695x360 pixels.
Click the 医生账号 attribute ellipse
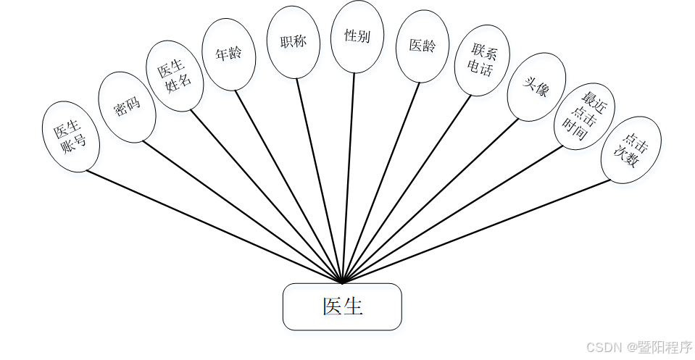point(71,136)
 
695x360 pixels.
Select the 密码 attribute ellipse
point(127,106)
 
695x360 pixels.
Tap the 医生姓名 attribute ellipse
point(175,75)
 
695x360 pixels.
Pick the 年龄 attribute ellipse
point(228,54)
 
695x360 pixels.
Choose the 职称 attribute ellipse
point(292,41)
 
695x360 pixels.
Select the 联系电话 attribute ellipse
point(481,61)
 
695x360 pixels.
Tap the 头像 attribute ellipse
point(536,86)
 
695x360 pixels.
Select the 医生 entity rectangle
point(341,306)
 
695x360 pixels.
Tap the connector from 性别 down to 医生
point(349,174)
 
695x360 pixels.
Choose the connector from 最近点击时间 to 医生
point(453,214)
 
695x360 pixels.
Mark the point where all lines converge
point(341,281)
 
